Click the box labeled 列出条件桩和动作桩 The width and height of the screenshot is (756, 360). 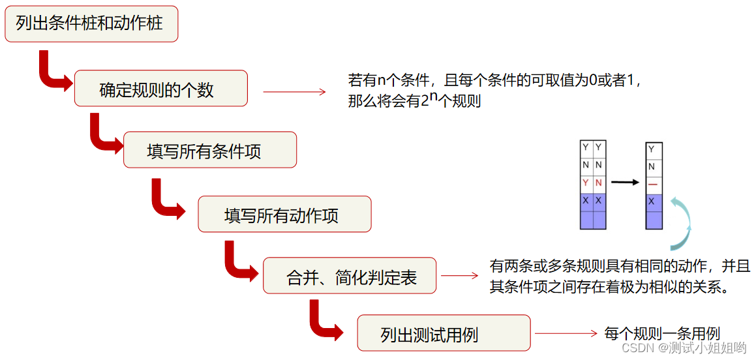(91, 24)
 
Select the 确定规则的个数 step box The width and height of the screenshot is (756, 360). (160, 88)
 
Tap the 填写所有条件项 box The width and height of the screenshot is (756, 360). (209, 150)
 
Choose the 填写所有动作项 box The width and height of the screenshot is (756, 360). (284, 214)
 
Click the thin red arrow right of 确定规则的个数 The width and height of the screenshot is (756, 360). (294, 92)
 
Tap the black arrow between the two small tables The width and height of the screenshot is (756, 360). (625, 183)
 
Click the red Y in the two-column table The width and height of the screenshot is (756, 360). (586, 183)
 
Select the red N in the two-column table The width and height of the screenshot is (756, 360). (599, 183)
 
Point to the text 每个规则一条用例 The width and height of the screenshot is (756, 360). (662, 333)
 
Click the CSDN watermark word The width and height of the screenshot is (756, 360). (637, 348)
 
